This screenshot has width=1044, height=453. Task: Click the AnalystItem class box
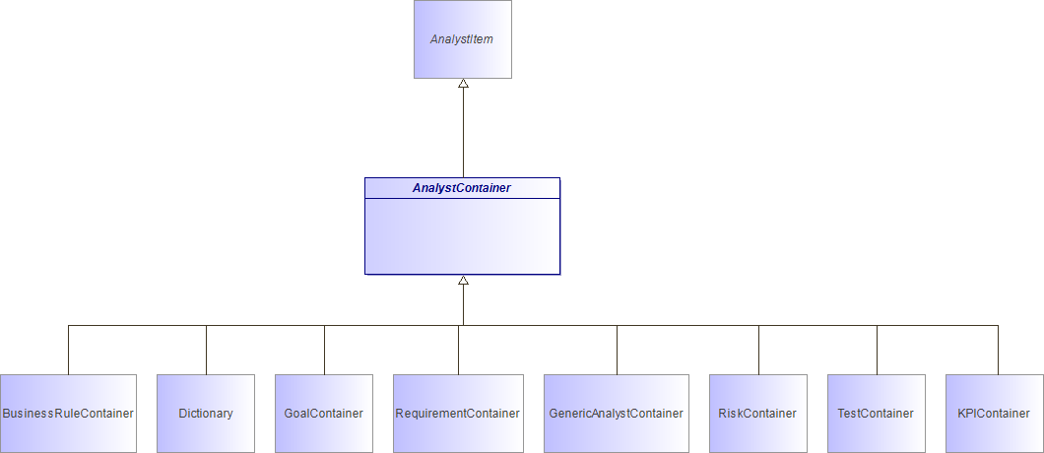tap(463, 39)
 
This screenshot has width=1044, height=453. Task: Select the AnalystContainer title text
tap(461, 188)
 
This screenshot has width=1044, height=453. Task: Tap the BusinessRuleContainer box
tap(68, 414)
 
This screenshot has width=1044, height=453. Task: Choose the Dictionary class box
tap(206, 414)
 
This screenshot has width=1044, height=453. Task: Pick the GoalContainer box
tap(324, 414)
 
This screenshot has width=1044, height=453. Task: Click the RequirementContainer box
tap(458, 414)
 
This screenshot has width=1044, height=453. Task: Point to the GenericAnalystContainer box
tap(617, 414)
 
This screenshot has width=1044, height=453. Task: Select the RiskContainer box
tap(758, 414)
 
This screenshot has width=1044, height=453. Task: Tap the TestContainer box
tap(877, 414)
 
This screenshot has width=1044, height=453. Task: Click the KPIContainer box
tap(995, 414)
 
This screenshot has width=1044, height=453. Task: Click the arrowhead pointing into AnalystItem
tap(464, 84)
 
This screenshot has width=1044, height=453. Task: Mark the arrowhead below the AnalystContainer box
tap(464, 280)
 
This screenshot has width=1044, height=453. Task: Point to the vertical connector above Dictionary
tap(207, 350)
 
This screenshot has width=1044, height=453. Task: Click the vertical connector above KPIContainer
tap(998, 350)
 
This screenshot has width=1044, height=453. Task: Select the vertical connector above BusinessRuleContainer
tap(69, 350)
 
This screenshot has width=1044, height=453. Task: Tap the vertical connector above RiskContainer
tap(759, 350)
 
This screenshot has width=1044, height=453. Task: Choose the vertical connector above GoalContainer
tap(324, 350)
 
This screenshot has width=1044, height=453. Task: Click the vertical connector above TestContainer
tap(877, 350)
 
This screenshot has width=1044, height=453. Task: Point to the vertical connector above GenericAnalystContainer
tap(618, 350)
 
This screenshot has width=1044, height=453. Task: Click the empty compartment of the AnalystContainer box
tap(463, 235)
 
